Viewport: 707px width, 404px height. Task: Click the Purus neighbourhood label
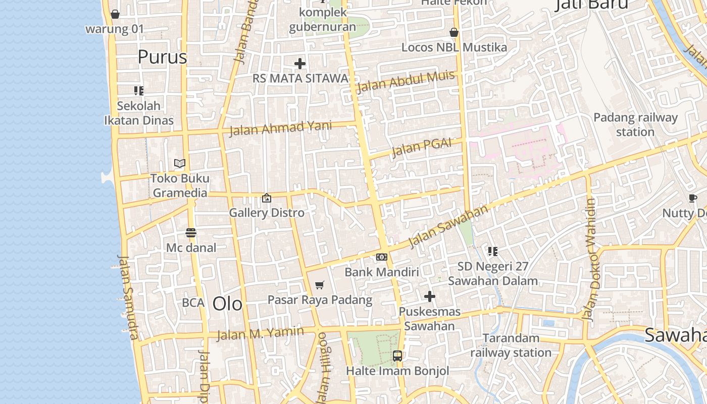point(162,57)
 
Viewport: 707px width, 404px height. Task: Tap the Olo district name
point(227,304)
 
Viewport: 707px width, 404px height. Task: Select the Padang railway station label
point(635,125)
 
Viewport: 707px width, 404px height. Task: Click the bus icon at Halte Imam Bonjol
point(397,356)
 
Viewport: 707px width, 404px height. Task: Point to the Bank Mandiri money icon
point(382,257)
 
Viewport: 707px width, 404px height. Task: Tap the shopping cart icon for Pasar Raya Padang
point(319,285)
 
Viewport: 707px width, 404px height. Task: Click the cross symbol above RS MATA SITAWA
point(300,64)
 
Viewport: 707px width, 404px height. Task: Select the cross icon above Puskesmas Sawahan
point(430,296)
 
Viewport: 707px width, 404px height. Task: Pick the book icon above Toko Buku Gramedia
point(180,163)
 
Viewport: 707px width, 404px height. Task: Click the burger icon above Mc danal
point(191,233)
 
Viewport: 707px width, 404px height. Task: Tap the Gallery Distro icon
point(267,198)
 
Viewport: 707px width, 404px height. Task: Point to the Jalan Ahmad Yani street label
point(280,128)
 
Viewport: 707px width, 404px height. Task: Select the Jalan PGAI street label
point(421,147)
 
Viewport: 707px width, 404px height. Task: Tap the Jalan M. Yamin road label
point(260,333)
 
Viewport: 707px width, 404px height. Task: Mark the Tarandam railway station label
point(511,345)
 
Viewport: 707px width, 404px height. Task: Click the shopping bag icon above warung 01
point(115,14)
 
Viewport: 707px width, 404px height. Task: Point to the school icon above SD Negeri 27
point(493,251)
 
